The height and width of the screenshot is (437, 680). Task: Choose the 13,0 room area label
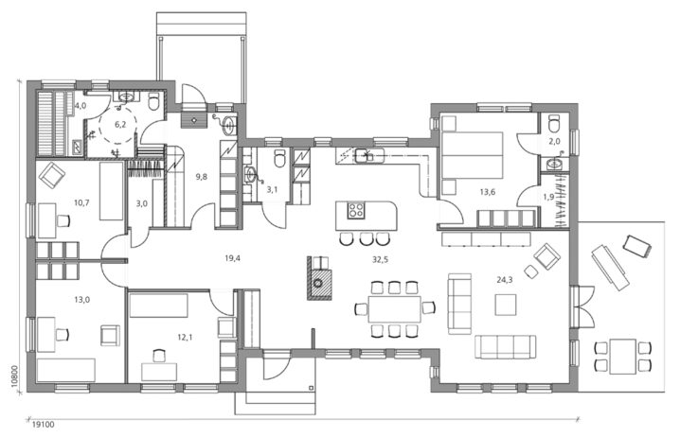click(x=82, y=301)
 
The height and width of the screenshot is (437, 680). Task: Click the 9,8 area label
click(x=201, y=176)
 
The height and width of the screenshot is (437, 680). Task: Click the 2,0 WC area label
click(x=556, y=141)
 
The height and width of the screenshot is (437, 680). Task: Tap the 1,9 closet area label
click(x=547, y=197)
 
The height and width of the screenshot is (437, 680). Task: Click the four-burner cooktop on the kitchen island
click(x=358, y=210)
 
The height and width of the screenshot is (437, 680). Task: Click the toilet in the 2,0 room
click(x=555, y=122)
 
